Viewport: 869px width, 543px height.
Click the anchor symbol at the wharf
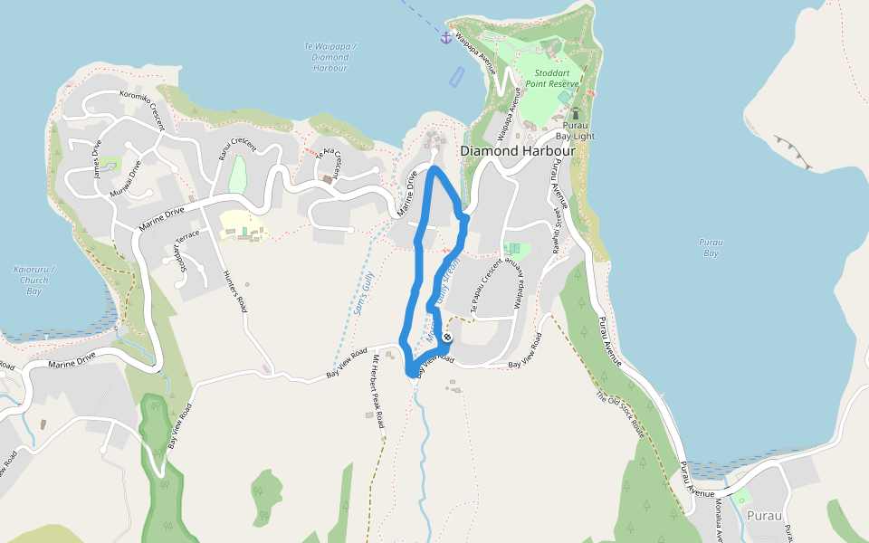coord(445,37)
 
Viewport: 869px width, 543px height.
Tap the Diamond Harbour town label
coord(518,150)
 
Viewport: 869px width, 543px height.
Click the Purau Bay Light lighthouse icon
coord(574,114)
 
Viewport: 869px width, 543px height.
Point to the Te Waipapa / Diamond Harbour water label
coord(330,57)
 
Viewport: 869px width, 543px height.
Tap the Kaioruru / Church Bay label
coord(34,280)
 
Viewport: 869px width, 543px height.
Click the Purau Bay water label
coord(711,247)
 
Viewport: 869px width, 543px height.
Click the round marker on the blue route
coord(446,338)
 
